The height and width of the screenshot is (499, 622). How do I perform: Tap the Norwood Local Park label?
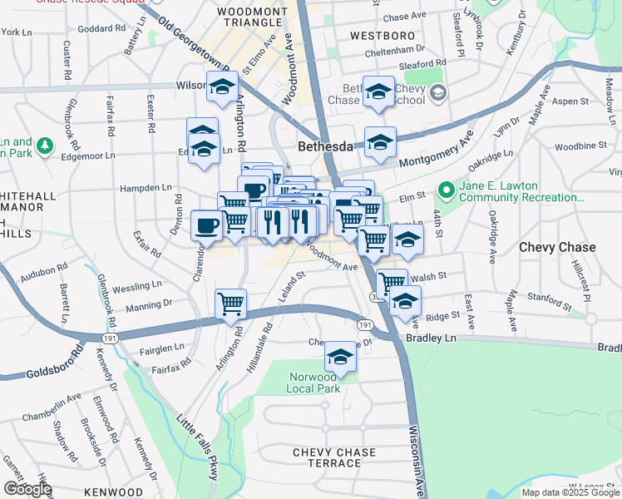click(314, 383)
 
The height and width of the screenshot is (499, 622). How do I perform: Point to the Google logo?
click(27, 489)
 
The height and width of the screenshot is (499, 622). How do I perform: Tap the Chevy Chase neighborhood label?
click(556, 247)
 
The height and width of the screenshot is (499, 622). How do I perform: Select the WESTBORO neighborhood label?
click(382, 37)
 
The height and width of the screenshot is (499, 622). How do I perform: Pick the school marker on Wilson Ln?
click(223, 86)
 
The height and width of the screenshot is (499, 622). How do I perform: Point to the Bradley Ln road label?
click(432, 338)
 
